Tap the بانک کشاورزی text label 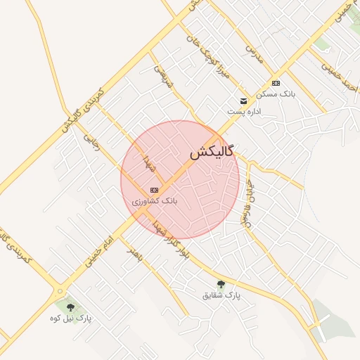[x=155, y=201]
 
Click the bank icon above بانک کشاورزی [x=154, y=190]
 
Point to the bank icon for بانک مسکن [x=275, y=83]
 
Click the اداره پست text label [x=244, y=112]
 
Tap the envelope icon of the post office [x=243, y=101]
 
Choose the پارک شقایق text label [x=221, y=296]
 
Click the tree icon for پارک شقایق [x=221, y=284]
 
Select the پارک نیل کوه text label [x=70, y=319]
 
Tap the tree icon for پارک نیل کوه [x=70, y=307]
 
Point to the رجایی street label [x=89, y=143]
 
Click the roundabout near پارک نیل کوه [x=60, y=291]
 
